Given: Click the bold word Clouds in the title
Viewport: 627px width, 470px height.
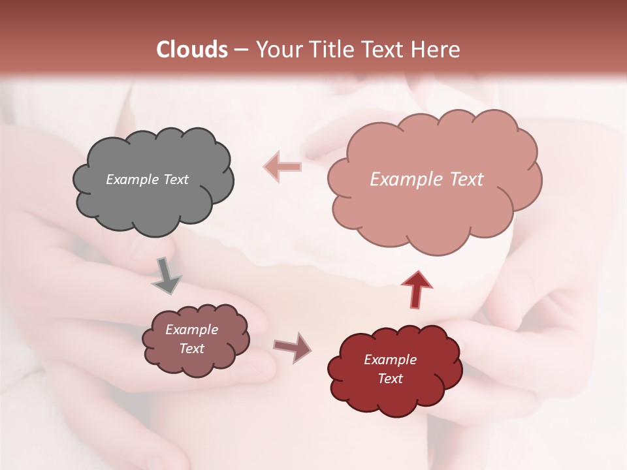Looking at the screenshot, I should [x=192, y=50].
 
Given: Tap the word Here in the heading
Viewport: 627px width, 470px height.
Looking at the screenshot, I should [x=437, y=50].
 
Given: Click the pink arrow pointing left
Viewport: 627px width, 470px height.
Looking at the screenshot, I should [x=283, y=166].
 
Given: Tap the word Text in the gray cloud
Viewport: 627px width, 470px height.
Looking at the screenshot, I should [x=176, y=180].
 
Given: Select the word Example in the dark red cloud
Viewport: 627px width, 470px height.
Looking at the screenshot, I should [x=390, y=360].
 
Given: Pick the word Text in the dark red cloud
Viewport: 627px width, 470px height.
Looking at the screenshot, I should [x=390, y=379].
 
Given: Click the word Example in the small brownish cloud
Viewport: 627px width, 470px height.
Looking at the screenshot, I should [x=191, y=330].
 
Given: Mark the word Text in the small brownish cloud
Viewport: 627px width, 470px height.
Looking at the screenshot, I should [x=191, y=349].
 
